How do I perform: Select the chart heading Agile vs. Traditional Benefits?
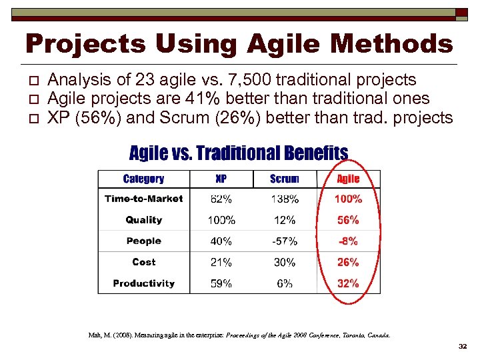(238, 153)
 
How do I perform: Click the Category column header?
(143, 179)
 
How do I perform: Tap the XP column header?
(221, 179)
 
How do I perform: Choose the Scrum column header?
(285, 179)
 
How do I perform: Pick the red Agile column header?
(348, 179)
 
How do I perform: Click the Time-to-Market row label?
(143, 199)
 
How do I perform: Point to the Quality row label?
(143, 220)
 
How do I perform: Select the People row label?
(143, 241)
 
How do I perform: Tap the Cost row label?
(143, 262)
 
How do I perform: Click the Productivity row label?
(143, 283)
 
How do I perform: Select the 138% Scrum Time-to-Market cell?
(285, 199)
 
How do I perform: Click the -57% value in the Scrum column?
(285, 241)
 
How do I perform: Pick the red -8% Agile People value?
(348, 241)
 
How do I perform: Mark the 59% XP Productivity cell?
(221, 283)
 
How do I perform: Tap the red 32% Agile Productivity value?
(348, 283)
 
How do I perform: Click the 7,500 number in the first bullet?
(248, 81)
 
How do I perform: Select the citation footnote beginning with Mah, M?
(239, 335)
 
